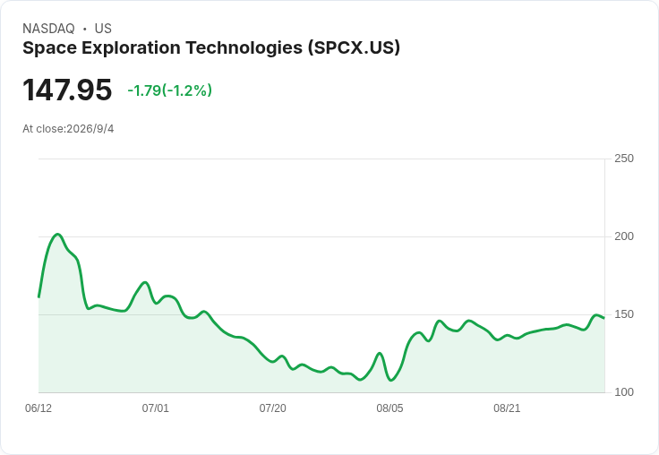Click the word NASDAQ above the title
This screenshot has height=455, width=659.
(x=48, y=29)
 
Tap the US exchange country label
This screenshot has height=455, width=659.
(x=103, y=29)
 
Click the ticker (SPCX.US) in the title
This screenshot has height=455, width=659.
(x=354, y=48)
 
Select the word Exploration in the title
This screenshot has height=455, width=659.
(x=131, y=48)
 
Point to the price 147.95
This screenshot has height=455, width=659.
(x=67, y=90)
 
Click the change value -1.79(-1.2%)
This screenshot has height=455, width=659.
(x=170, y=90)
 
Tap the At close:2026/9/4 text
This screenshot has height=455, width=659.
(x=68, y=129)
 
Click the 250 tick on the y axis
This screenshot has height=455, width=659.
(x=624, y=159)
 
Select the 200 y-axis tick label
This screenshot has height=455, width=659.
(x=624, y=236)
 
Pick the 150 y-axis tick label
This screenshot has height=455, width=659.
(x=624, y=314)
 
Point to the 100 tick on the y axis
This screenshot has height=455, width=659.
(x=624, y=392)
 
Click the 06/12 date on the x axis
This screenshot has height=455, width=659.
(x=39, y=408)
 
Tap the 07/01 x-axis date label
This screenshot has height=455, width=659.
(x=156, y=408)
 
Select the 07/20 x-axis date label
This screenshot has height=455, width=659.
(x=273, y=408)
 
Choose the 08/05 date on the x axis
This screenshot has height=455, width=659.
(x=389, y=408)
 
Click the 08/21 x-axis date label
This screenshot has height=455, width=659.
(x=507, y=408)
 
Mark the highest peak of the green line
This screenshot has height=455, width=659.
(x=57, y=235)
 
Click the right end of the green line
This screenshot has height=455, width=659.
(x=604, y=318)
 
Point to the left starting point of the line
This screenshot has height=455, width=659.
(x=39, y=297)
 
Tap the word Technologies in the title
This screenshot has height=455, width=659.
(x=244, y=48)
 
